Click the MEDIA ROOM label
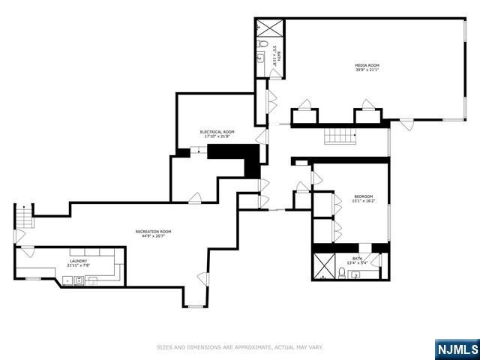pos(365,66)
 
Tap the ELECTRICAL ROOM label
pos(217,131)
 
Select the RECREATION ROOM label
pos(153,231)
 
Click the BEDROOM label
pos(363,196)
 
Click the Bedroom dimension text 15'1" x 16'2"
pos(363,201)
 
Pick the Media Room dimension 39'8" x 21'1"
pos(365,70)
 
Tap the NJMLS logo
pos(456,349)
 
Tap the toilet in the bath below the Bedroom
pos(342,274)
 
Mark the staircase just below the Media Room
pos(338,136)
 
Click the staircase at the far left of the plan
pos(25,217)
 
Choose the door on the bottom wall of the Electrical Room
pos(194,198)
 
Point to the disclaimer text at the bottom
pos(239,347)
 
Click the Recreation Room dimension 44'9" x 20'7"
pos(153,236)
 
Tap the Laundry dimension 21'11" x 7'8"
pos(78,265)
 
